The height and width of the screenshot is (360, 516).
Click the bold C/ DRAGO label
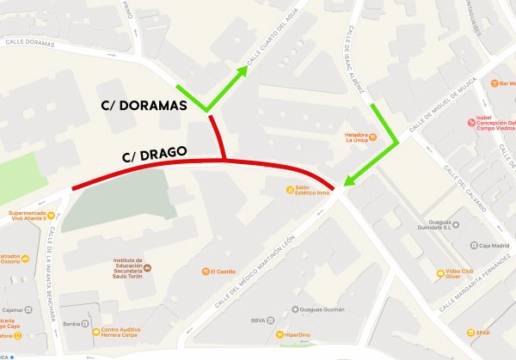coord(153,156)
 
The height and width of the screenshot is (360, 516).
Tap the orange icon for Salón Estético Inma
coord(290,190)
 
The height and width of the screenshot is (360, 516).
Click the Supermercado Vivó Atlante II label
coord(34,216)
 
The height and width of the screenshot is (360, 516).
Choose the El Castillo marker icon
coord(205,272)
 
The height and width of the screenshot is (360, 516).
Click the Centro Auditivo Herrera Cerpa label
coord(125,333)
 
